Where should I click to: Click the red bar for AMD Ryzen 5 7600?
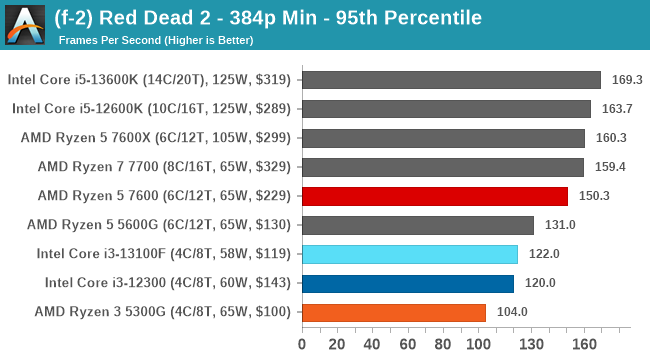[434, 196]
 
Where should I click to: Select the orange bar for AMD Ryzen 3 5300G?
[393, 312]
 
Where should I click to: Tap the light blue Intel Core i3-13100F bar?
[409, 254]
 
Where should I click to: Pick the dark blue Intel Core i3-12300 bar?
[407, 283]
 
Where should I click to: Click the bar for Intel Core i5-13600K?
[450, 80]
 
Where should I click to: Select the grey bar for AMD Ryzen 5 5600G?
[417, 225]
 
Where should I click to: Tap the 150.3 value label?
[592, 196]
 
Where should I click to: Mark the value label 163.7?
[615, 109]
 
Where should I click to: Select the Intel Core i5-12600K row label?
[151, 109]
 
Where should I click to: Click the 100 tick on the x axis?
[477, 345]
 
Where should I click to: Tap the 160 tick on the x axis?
[583, 345]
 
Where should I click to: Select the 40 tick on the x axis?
[372, 345]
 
